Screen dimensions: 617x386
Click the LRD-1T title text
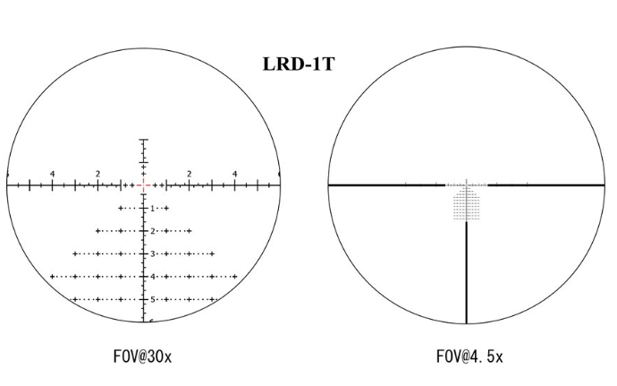point(299,64)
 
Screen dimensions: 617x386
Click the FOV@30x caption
point(142,356)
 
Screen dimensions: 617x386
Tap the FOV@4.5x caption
point(469,356)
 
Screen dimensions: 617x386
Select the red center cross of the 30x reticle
point(144,184)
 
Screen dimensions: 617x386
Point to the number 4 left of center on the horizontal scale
point(53,174)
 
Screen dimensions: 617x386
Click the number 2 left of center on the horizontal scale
point(98,174)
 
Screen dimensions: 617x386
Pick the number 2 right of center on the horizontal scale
point(190,174)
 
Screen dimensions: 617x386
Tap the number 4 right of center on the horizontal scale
point(235,174)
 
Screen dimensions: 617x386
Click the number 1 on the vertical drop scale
point(153,209)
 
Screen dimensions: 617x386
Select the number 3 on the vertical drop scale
point(153,254)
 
